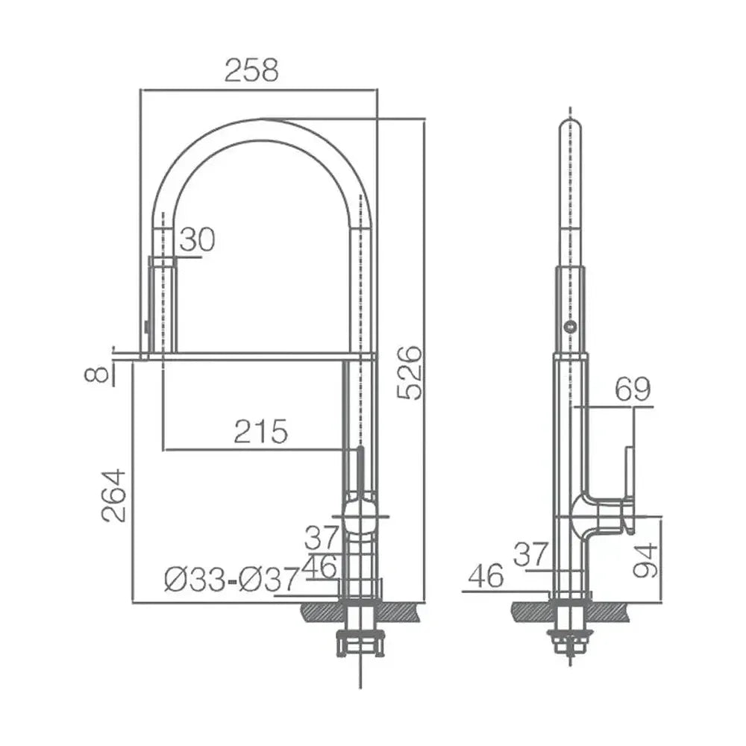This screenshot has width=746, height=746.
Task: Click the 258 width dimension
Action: [251, 70]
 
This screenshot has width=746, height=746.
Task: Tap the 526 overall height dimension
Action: [409, 372]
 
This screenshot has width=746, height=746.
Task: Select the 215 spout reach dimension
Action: [260, 431]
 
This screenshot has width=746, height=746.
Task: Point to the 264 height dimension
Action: [114, 496]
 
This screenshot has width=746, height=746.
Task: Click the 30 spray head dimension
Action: [197, 239]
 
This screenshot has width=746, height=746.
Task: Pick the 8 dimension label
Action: [95, 374]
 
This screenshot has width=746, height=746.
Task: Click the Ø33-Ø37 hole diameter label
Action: [232, 579]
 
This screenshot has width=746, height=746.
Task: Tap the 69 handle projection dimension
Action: [633, 389]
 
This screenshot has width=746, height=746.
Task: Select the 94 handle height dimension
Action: [645, 560]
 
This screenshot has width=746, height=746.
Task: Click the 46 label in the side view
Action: [486, 576]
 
